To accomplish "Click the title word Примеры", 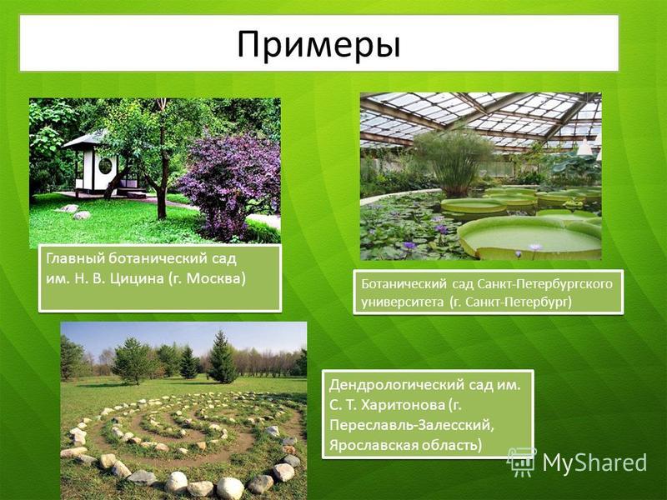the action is tap(318, 44).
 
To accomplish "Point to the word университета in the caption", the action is tap(402, 302).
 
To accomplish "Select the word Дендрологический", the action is tap(397, 385).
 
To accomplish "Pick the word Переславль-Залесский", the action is tap(412, 426).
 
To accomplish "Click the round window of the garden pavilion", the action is tap(105, 165).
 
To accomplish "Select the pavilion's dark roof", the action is tap(85, 139).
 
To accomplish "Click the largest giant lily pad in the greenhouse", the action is tap(529, 237).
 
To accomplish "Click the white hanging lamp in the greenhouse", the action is tap(584, 147).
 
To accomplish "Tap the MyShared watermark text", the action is tap(594, 462).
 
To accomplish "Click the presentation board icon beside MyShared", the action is tap(521, 462).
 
